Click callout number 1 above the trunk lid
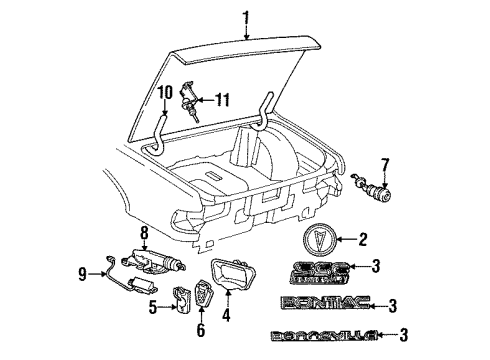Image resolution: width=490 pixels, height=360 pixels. [244, 14]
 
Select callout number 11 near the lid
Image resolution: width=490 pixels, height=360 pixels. [222, 99]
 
